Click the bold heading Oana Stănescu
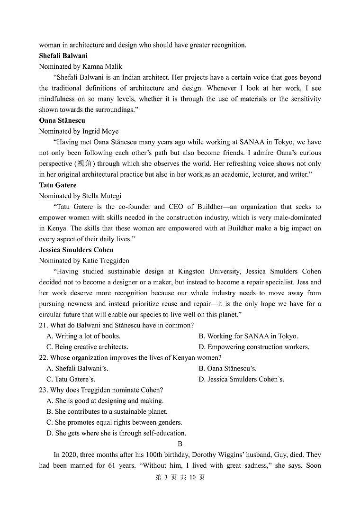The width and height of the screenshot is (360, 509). (x=62, y=120)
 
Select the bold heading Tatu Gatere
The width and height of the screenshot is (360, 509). (x=57, y=185)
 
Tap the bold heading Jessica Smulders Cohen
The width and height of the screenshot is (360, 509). (x=76, y=250)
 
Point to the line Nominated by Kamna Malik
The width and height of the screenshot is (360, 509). (x=81, y=66)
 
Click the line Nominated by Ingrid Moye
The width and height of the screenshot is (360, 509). (x=79, y=131)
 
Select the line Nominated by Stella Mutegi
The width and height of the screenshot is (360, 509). (x=80, y=196)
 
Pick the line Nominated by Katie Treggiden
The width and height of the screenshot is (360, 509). (x=84, y=261)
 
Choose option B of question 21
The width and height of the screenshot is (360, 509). (x=248, y=336)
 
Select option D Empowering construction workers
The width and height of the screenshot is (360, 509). (x=254, y=347)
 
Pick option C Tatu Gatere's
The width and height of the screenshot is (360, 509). (x=71, y=379)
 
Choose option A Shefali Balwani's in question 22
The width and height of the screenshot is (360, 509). (x=77, y=368)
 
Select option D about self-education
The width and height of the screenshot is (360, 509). (x=116, y=433)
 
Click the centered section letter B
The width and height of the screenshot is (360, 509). (x=180, y=444)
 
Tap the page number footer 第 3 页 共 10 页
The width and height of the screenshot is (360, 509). (x=180, y=477)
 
